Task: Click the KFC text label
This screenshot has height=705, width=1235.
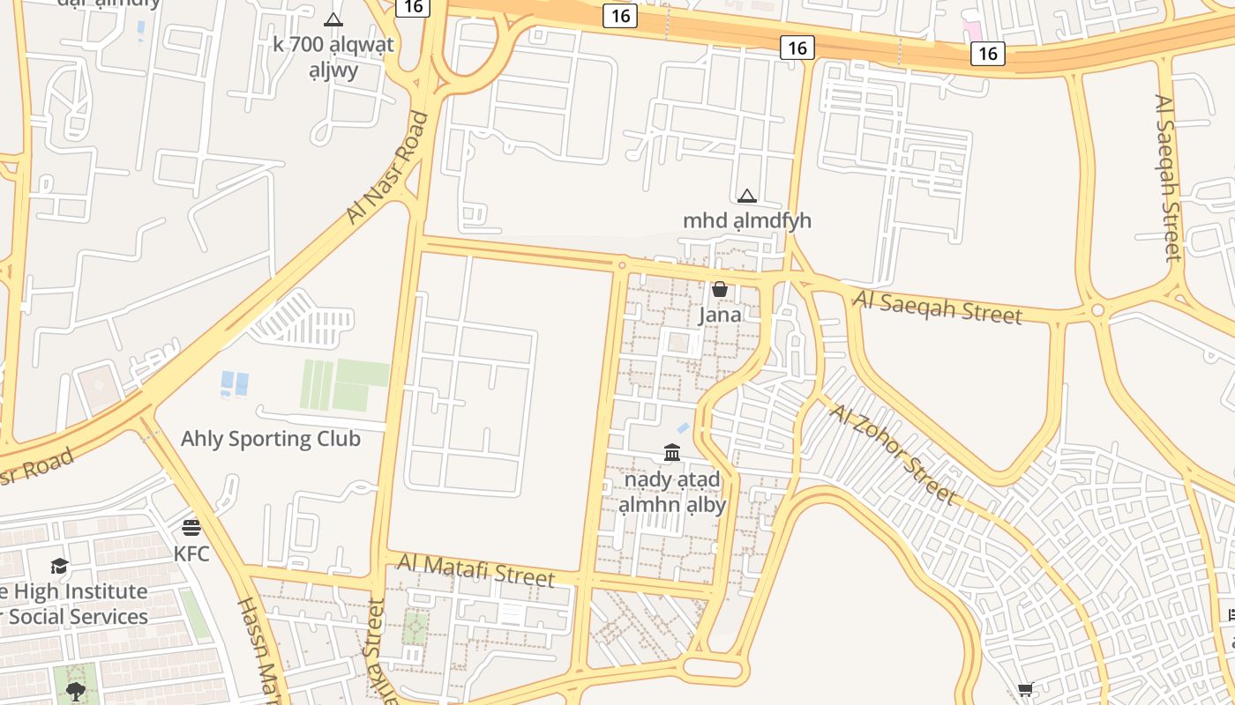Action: tap(191, 554)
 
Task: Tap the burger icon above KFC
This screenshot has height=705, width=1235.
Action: tap(191, 528)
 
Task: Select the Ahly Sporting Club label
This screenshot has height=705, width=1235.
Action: tap(271, 439)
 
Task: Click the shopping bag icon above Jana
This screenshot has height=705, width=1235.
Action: tap(720, 289)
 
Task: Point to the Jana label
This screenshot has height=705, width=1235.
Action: tap(720, 315)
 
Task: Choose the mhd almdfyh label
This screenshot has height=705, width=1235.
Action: tap(747, 220)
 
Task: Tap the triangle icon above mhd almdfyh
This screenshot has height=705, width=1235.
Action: tap(747, 196)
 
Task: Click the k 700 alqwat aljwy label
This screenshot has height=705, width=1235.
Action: tap(333, 56)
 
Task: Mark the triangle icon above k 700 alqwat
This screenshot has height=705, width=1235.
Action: tap(333, 19)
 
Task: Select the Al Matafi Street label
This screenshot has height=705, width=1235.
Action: tap(475, 570)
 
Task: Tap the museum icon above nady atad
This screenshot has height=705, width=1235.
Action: tap(672, 453)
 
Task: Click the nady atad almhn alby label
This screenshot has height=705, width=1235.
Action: tap(672, 492)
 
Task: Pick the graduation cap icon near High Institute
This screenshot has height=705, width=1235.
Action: tap(59, 566)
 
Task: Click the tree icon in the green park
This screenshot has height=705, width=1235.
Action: tap(76, 690)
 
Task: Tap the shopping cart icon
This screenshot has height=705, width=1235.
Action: tap(1025, 689)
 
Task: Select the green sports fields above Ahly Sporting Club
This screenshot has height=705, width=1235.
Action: tap(345, 385)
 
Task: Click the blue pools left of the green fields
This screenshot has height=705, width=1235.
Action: tap(235, 383)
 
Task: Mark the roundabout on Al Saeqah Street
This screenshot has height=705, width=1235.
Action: tap(1097, 310)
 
